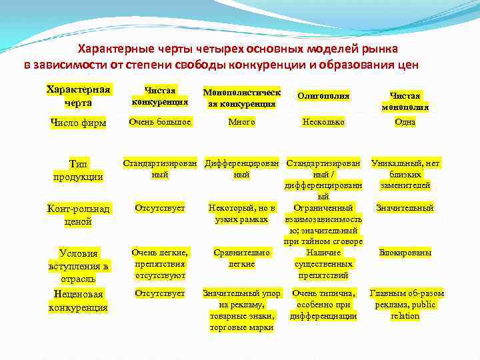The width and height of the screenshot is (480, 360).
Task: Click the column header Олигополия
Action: (323, 97)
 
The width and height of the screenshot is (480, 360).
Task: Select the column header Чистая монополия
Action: (405, 101)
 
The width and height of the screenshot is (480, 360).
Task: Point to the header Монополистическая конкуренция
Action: (241, 97)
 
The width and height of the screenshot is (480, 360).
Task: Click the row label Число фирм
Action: (78, 123)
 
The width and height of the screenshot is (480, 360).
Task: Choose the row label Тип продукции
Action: (78, 170)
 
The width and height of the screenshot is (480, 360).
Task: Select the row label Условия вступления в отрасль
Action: (78, 265)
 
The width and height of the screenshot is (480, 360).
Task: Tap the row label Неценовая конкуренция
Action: (78, 300)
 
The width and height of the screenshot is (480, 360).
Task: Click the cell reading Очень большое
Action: (160, 122)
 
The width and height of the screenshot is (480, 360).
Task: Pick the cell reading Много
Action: (241, 122)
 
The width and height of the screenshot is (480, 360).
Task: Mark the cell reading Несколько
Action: (323, 122)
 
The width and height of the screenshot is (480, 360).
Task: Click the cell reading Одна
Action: (405, 122)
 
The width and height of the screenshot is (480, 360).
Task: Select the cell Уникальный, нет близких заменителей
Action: (405, 174)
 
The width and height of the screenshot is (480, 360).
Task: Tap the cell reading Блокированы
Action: (405, 253)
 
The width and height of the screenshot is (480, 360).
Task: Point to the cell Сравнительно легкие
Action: (241, 258)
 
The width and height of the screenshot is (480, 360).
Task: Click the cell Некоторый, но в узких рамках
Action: (241, 213)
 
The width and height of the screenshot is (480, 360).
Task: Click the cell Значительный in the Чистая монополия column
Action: (405, 208)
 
